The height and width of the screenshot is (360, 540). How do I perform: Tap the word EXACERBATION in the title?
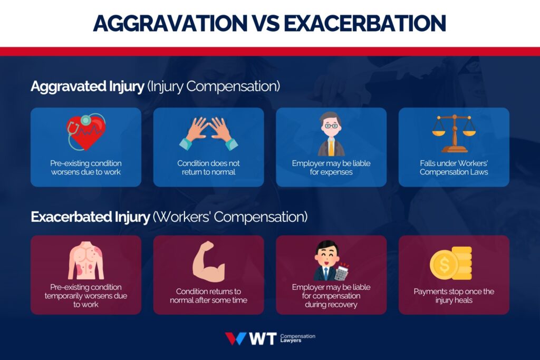pos(363,23)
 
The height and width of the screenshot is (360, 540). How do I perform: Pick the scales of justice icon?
pos(454,132)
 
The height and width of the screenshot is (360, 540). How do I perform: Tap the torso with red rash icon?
pos(86,260)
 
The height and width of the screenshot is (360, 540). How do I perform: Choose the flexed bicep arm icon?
pos(208,261)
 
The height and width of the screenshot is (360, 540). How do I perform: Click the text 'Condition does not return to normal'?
pos(208,168)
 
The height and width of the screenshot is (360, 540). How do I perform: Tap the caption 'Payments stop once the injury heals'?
pos(454,296)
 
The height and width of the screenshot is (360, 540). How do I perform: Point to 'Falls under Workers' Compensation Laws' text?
pos(454,168)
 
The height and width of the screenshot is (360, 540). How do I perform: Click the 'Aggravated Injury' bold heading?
pos(87,86)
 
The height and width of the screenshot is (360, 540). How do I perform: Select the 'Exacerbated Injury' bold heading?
pos(90,217)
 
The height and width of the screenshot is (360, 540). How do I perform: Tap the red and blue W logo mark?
pos(235,338)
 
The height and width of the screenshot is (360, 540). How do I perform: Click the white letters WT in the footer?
pos(262,338)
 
